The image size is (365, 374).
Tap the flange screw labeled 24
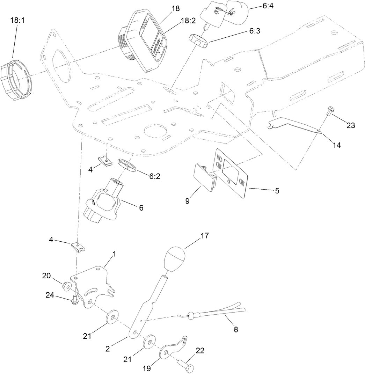74,299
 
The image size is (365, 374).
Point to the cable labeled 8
224,311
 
